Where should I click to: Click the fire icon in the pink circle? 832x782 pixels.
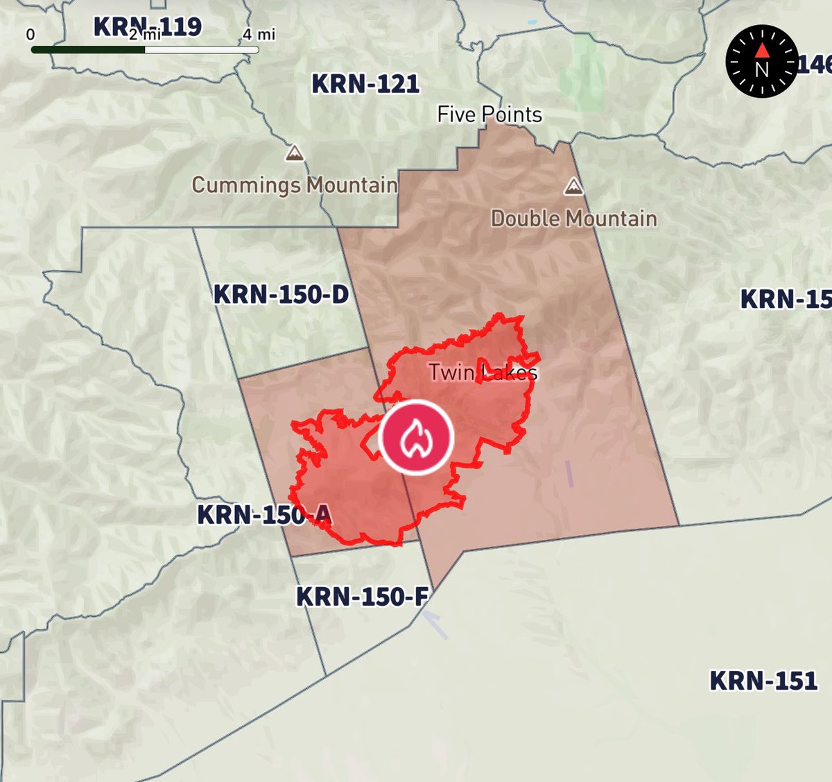(416, 438)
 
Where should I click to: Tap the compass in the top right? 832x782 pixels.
(761, 61)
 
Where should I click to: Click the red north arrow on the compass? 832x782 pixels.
(761, 49)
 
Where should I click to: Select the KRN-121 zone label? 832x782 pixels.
(365, 84)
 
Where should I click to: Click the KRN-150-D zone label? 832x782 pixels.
(281, 294)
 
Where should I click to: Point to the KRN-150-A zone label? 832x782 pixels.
(264, 515)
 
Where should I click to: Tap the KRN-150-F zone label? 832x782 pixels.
(361, 596)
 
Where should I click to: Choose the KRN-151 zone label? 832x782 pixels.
(763, 681)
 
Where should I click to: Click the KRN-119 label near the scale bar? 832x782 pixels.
(148, 26)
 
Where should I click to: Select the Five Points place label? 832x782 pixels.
(489, 114)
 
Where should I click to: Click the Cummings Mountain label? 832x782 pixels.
(295, 185)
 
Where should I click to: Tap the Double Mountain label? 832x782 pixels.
(574, 219)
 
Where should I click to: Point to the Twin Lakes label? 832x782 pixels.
(483, 373)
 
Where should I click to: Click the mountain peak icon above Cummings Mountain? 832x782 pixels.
(295, 153)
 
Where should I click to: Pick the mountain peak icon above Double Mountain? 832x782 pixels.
(573, 186)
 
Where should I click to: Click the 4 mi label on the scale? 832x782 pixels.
(259, 34)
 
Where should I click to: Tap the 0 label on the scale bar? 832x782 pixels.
(31, 34)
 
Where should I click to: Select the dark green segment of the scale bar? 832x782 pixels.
(88, 50)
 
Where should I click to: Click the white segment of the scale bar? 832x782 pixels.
(201, 50)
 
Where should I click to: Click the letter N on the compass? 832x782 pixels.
(761, 69)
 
